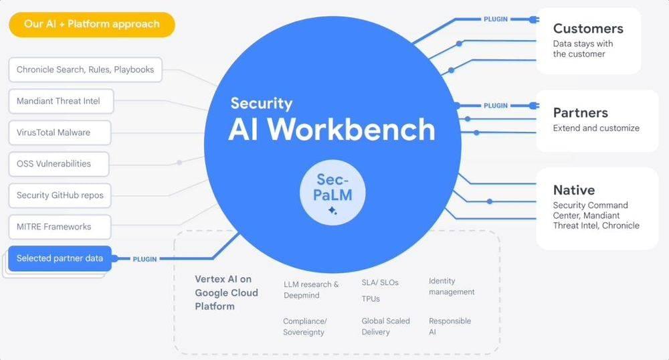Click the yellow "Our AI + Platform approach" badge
92,24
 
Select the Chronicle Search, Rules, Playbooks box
86,70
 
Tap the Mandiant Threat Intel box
61,101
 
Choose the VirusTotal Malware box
60,132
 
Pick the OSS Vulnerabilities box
59,164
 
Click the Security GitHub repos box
60,195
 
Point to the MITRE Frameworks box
60,227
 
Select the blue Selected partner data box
60,258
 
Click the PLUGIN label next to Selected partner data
145,259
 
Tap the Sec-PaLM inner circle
332,192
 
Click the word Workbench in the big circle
351,129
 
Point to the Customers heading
588,29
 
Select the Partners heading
580,112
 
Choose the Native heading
574,190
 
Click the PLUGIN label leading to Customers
495,19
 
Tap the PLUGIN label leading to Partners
495,105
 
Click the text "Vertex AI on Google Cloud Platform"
227,292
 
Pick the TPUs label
371,299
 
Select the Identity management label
452,286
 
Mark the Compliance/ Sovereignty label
304,327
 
